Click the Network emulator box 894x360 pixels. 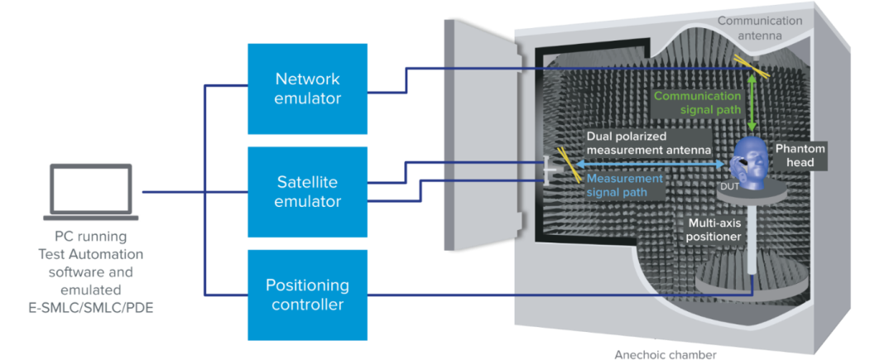coord(307,89)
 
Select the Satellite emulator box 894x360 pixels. coord(307,190)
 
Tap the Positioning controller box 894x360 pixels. coord(307,294)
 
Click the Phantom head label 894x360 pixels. coord(800,155)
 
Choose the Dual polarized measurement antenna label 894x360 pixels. coord(648,142)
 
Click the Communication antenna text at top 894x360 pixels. coord(760,27)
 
